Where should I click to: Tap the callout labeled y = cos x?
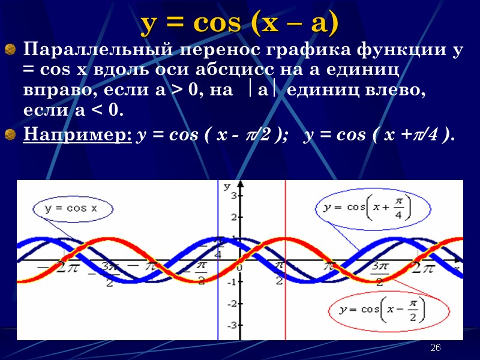tap(70, 209)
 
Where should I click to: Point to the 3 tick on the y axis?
tap(236, 197)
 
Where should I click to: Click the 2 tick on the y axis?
tap(236, 217)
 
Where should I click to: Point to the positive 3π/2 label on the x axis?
tap(378, 274)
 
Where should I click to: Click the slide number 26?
tap(436, 349)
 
